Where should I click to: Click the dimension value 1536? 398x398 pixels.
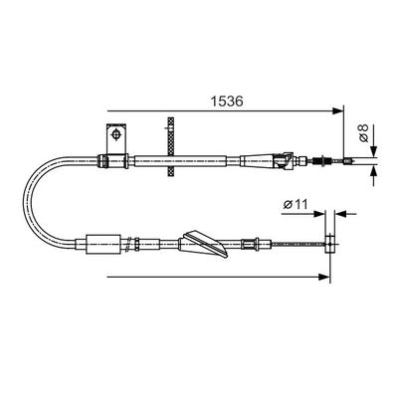click(x=227, y=101)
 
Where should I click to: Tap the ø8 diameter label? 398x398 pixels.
click(x=363, y=132)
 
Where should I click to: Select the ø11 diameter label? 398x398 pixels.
click(x=296, y=204)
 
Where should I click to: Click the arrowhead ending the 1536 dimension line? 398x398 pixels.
click(x=337, y=111)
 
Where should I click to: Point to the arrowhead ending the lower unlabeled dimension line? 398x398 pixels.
click(x=323, y=277)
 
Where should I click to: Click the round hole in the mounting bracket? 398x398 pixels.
click(x=116, y=134)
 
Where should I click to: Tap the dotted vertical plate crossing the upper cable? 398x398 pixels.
click(x=171, y=147)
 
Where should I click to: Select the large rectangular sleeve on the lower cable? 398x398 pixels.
click(x=103, y=245)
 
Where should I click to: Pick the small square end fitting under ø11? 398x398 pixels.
click(x=329, y=244)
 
